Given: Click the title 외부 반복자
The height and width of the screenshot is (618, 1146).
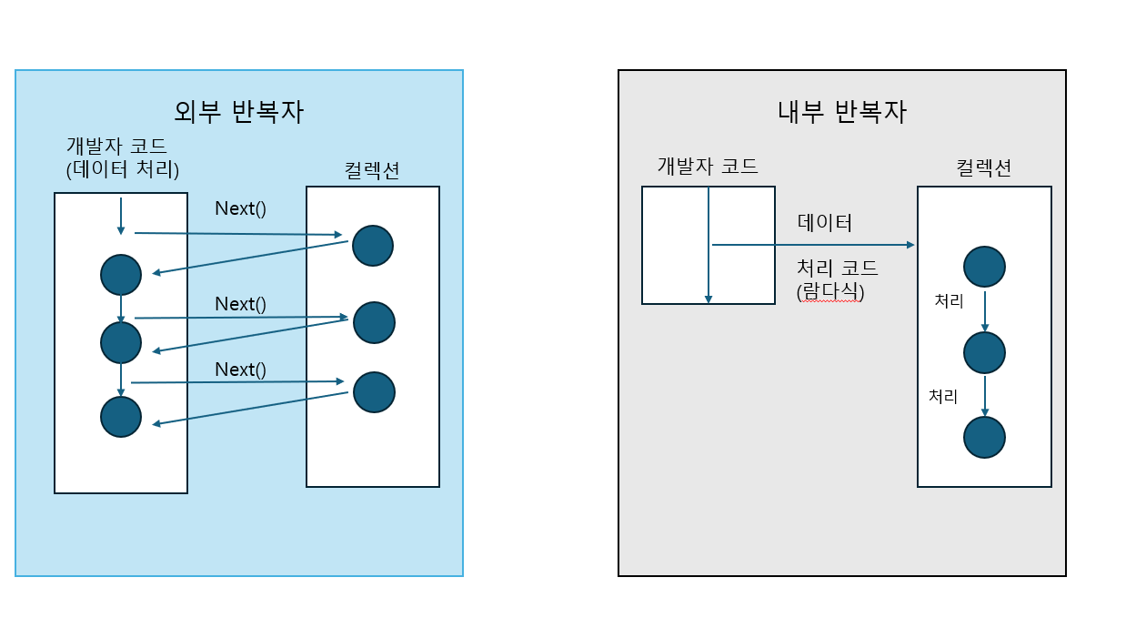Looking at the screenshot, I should tap(238, 112).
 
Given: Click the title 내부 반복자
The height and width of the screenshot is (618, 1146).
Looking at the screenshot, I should tap(842, 112).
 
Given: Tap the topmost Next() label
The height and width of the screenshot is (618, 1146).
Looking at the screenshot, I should tap(240, 208).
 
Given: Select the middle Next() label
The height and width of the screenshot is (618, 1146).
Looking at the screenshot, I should tap(240, 304).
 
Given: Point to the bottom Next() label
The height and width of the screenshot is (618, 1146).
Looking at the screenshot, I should tap(240, 370).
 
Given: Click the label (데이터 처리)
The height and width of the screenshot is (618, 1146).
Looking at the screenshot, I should tap(123, 168).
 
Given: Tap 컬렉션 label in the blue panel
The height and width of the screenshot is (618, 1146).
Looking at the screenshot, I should tap(372, 169).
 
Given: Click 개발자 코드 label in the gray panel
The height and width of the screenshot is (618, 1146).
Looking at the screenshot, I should tap(708, 166).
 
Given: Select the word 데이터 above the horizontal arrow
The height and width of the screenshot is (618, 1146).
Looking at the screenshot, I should tap(825, 223).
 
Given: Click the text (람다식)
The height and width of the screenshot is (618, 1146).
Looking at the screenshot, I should tap(829, 292).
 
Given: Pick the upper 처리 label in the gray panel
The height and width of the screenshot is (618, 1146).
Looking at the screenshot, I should tap(949, 301).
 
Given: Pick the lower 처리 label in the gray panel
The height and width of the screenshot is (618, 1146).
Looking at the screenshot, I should tap(943, 397).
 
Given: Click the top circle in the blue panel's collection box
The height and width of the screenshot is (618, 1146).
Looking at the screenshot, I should tap(373, 246).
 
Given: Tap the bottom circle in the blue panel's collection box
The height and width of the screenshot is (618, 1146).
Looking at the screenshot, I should tap(374, 392).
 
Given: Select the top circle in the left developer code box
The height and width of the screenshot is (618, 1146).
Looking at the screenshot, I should tap(121, 275).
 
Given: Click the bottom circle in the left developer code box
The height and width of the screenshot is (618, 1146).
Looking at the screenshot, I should tap(121, 417).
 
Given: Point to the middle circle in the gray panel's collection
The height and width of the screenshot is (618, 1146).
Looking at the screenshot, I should tap(984, 352).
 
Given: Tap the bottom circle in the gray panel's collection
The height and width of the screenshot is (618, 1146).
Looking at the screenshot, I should tap(984, 437).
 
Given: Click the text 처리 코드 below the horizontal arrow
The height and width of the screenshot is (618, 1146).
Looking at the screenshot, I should tap(838, 270).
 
